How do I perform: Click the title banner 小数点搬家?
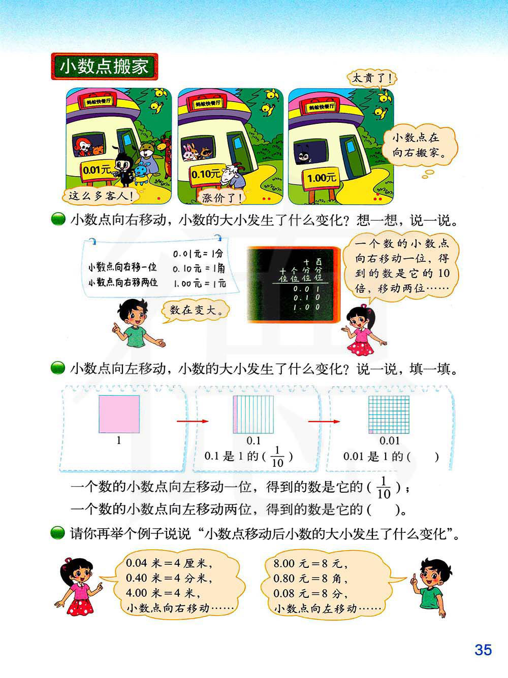(x=105, y=66)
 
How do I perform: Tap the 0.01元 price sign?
(x=97, y=170)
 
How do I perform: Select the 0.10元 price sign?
(x=206, y=175)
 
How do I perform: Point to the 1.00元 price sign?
(x=321, y=178)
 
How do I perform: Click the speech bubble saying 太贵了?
(x=372, y=78)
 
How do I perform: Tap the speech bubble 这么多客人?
(x=100, y=196)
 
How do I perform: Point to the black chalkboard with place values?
(x=293, y=285)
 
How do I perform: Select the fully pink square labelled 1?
(x=119, y=414)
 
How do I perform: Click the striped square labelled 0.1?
(x=253, y=414)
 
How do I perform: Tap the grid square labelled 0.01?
(x=389, y=414)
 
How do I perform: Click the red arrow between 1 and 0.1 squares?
(x=193, y=421)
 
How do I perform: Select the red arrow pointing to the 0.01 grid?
(x=324, y=422)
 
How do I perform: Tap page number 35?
(x=483, y=650)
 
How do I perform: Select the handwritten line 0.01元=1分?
(x=198, y=254)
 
